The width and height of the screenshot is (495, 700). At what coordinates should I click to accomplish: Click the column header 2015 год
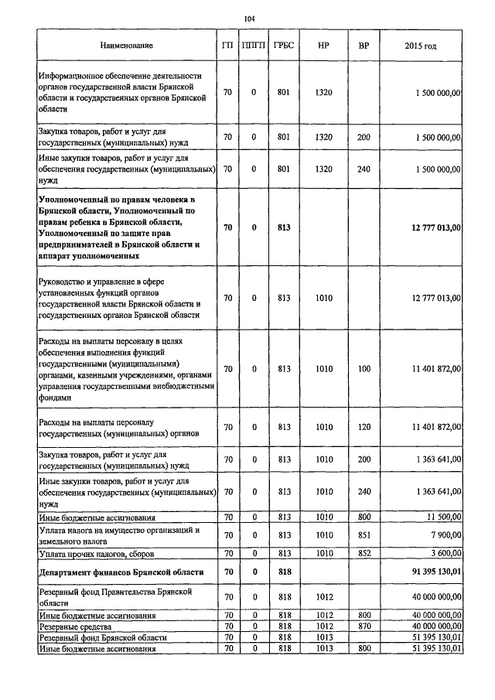click(420, 46)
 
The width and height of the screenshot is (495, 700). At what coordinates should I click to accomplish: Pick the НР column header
click(324, 46)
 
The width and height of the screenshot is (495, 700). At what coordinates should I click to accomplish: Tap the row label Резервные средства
click(75, 625)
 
